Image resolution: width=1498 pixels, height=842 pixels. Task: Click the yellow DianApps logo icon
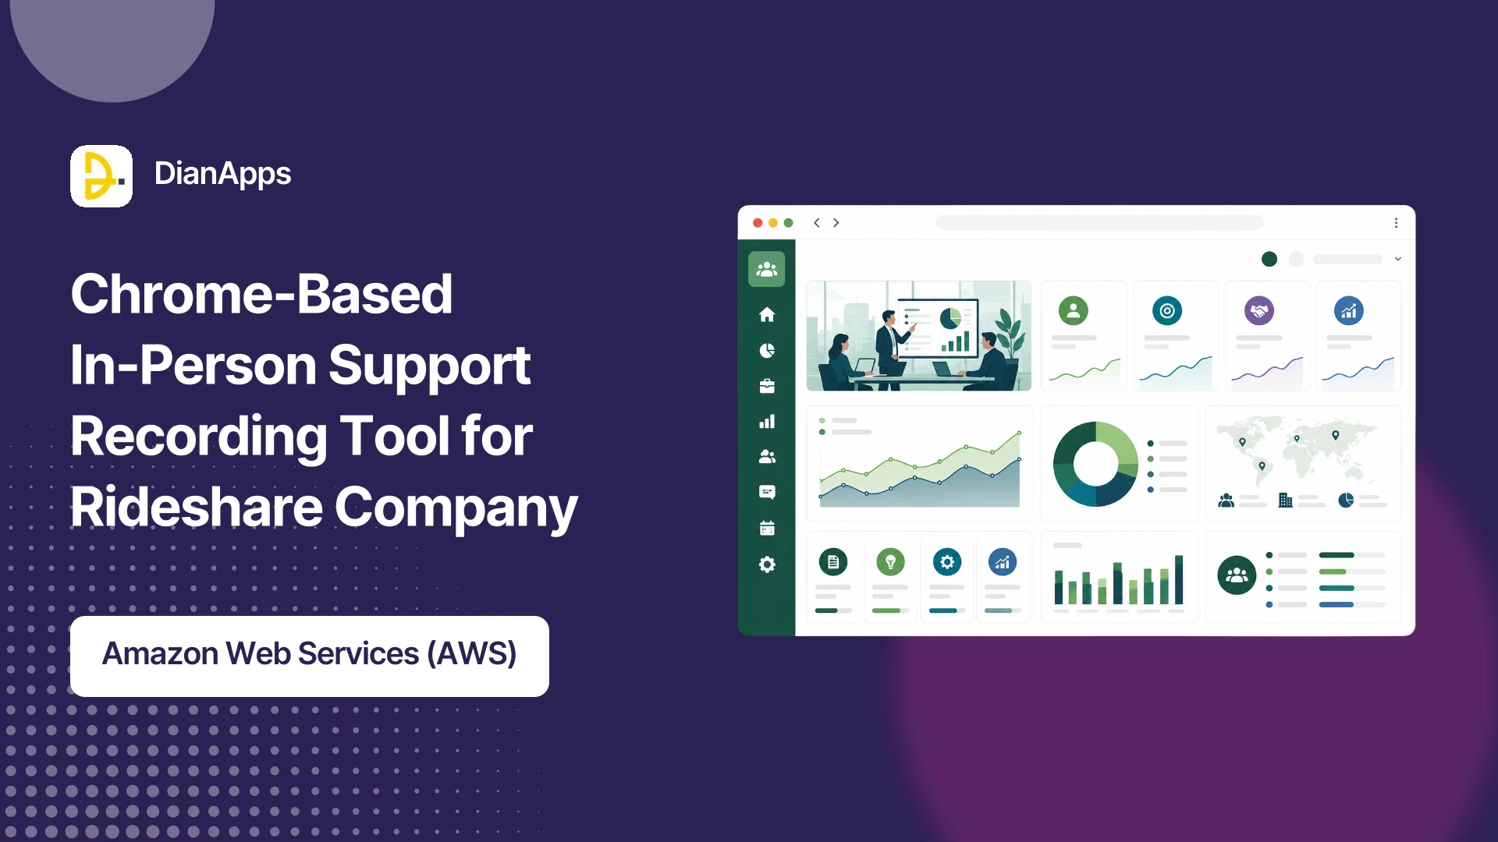101,176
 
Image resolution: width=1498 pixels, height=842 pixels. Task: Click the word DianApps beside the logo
222,174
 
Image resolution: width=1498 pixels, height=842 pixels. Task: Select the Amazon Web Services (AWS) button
310,656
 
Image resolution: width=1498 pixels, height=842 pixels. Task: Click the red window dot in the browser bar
758,223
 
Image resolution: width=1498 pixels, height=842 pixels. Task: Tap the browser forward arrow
836,223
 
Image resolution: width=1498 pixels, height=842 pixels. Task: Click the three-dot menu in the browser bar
1396,223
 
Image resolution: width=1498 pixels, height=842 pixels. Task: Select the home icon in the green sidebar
767,314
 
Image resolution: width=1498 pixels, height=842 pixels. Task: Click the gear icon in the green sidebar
767,564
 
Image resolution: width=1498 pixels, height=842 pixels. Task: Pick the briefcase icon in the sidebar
767,386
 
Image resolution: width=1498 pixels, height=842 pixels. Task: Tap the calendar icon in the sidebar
767,529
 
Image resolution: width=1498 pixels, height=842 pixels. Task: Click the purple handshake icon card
1259,311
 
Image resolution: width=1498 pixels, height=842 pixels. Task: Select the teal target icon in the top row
1167,310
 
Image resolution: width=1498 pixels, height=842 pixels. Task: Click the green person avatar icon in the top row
1074,310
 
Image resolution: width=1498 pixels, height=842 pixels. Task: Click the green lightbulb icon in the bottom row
890,561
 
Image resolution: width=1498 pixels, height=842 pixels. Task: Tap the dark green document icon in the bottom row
833,561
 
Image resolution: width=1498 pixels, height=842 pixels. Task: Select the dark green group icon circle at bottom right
1237,575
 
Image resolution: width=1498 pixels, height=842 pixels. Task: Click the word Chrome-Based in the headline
261,295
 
